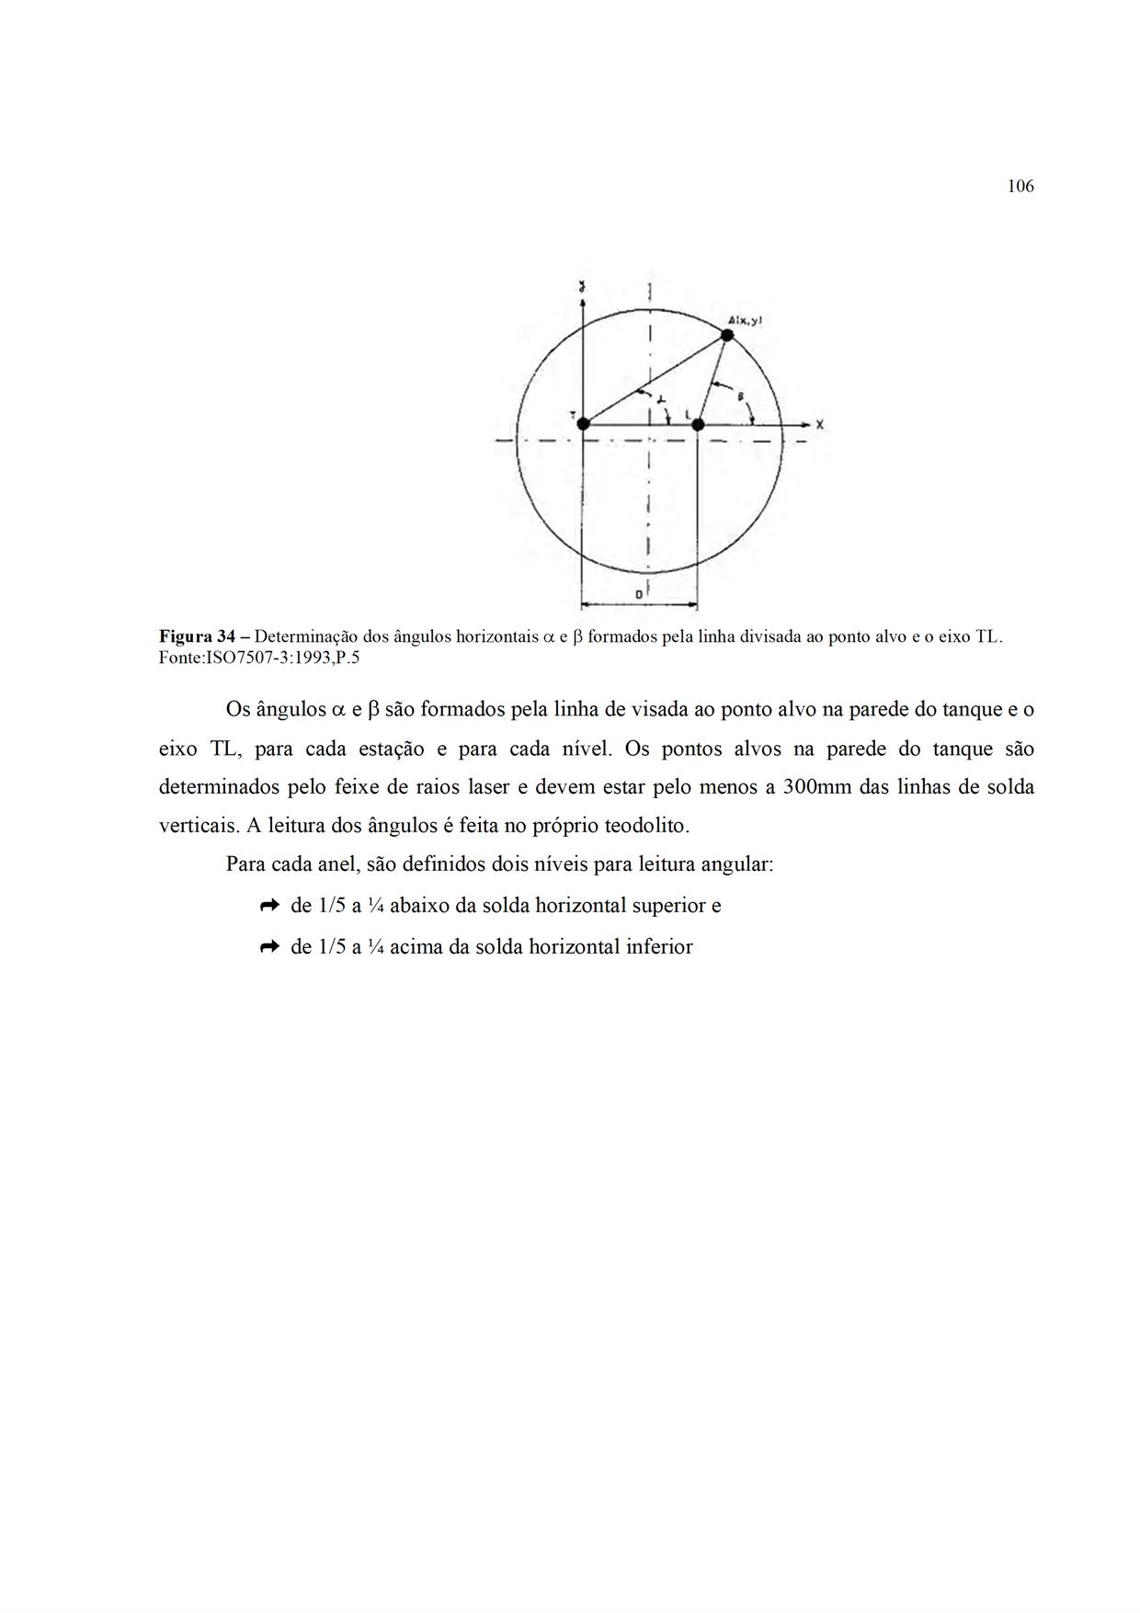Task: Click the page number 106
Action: pos(1020,187)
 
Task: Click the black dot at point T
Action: pos(583,424)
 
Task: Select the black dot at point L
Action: pos(698,424)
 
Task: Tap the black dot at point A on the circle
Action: pos(727,335)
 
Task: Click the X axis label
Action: pos(819,425)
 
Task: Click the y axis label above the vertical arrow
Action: pos(583,289)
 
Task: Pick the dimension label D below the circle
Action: pos(639,595)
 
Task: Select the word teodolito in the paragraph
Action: pos(645,826)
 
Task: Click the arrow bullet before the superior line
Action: pos(269,906)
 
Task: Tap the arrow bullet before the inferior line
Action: pos(269,946)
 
